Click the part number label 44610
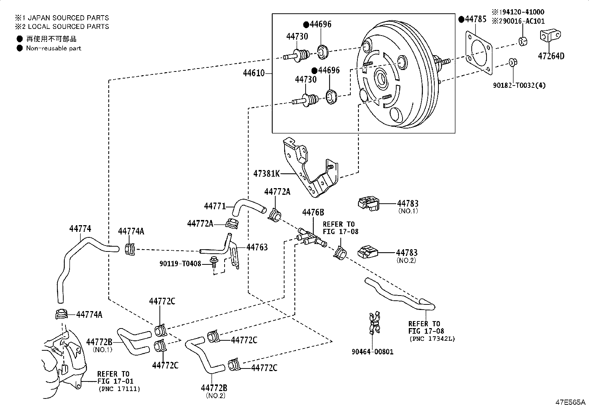pyautogui.click(x=253, y=73)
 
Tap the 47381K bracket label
pyautogui.click(x=266, y=173)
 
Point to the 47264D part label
pyautogui.click(x=551, y=56)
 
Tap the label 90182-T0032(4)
pyautogui.click(x=519, y=85)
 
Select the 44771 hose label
pyautogui.click(x=215, y=206)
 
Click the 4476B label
pyautogui.click(x=313, y=212)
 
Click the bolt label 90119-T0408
pyautogui.click(x=180, y=264)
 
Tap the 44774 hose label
pyautogui.click(x=80, y=229)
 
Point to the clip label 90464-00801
pyautogui.click(x=372, y=351)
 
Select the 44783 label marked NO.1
pyautogui.click(x=408, y=203)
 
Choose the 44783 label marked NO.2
pyautogui.click(x=407, y=253)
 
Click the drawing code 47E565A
pyautogui.click(x=569, y=402)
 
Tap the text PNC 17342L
pyautogui.click(x=432, y=338)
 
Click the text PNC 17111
pyautogui.click(x=119, y=388)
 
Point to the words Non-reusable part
pyautogui.click(x=53, y=48)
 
